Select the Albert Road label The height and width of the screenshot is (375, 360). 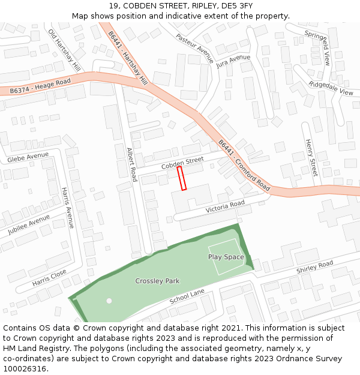(x=132, y=164)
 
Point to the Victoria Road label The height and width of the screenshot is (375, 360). (x=225, y=207)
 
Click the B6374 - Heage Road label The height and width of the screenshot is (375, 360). (x=40, y=86)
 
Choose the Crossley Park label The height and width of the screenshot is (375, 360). (x=157, y=281)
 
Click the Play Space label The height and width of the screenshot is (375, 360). (x=226, y=257)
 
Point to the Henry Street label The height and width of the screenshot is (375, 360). (x=310, y=158)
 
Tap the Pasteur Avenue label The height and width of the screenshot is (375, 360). (x=194, y=48)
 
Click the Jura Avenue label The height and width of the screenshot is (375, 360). (x=233, y=61)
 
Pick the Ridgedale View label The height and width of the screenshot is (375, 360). (x=331, y=88)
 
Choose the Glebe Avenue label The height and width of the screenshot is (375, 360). (x=28, y=157)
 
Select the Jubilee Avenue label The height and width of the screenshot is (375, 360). (x=29, y=224)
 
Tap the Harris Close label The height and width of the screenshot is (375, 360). (x=49, y=277)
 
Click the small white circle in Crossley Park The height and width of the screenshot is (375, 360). (x=109, y=301)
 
